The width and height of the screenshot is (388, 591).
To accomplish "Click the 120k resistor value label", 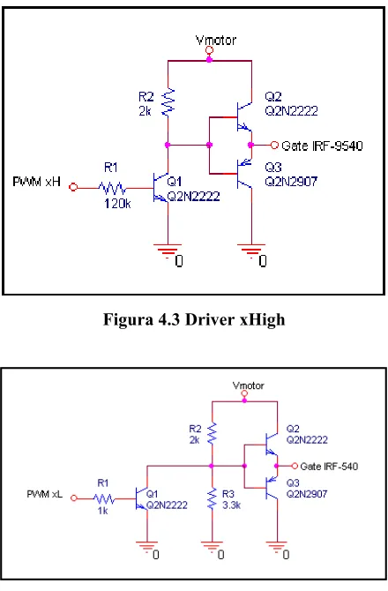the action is (x=117, y=204).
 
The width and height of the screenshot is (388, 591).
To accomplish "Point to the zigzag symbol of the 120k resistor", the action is (x=112, y=187).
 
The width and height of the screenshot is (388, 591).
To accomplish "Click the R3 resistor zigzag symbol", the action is (x=213, y=498).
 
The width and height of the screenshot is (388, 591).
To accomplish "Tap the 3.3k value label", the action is (x=231, y=505).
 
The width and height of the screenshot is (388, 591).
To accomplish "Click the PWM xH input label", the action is (x=36, y=182).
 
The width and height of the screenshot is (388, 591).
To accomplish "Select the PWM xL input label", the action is (x=44, y=494).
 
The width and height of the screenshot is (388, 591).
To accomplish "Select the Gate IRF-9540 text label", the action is (x=322, y=146).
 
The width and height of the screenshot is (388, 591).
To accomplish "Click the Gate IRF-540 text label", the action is (x=329, y=467).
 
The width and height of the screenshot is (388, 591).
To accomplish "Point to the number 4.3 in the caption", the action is (x=169, y=319).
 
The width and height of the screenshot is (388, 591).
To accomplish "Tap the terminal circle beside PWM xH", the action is (x=73, y=187).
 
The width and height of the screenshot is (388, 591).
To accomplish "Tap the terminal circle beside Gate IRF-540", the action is (x=295, y=467).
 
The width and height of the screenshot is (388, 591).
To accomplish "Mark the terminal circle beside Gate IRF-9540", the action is (x=274, y=145).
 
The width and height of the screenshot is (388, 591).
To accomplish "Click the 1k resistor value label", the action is (x=102, y=511).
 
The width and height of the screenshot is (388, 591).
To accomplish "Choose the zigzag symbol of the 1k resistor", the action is (x=104, y=499).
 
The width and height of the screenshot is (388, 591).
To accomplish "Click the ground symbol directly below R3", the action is (x=213, y=546).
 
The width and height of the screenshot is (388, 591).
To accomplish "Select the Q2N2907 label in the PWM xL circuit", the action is (x=307, y=494).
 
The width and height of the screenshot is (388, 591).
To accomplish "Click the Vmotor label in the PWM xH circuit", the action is (x=216, y=40).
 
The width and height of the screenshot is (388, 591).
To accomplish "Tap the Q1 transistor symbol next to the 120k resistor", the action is (x=160, y=187).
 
